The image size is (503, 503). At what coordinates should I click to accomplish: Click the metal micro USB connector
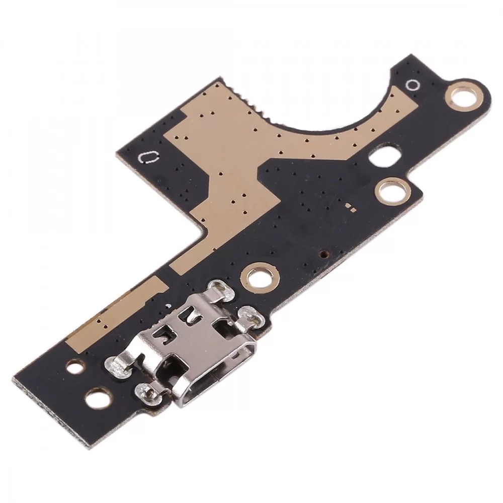(x=201, y=347)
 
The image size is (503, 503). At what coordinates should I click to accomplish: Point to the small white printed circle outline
(x=412, y=85)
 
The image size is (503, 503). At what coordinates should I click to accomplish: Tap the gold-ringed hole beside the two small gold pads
(x=390, y=191)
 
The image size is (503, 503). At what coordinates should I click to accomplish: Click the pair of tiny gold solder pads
(x=351, y=206)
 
